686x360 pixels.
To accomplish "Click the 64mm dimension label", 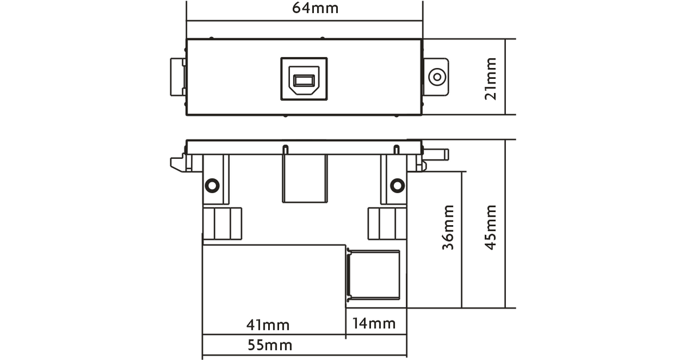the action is click(x=315, y=8).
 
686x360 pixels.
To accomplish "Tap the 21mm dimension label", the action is click(x=490, y=79).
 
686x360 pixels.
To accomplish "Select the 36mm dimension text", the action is click(x=448, y=227).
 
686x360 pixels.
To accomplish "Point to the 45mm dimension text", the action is click(x=490, y=227).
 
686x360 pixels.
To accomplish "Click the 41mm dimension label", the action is click(x=268, y=325).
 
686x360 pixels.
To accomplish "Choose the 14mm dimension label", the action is click(x=374, y=323).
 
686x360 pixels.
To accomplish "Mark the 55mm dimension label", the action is click(x=270, y=345).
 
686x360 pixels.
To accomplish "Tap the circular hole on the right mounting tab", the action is click(x=437, y=77).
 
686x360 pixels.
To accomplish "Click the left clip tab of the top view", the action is click(x=178, y=77).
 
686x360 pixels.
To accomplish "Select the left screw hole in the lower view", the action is click(x=212, y=186).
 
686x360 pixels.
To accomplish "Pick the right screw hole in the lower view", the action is click(x=397, y=186).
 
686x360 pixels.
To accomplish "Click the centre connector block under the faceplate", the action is click(x=305, y=178).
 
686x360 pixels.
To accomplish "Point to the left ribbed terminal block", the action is click(x=222, y=223).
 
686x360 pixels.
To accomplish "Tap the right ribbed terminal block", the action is click(x=388, y=223).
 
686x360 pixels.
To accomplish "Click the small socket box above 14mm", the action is click(x=373, y=275).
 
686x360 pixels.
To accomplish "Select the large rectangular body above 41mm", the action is click(x=274, y=289).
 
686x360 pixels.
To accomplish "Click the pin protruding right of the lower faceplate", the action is click(x=436, y=155).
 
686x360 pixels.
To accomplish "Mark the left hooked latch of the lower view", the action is click(x=178, y=165).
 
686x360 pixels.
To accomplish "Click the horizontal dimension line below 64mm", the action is click(x=304, y=21).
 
